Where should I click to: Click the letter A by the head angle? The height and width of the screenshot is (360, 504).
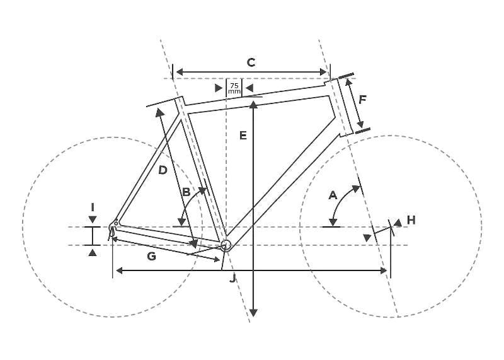[x=333, y=195]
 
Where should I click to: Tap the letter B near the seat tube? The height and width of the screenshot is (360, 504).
[x=186, y=192]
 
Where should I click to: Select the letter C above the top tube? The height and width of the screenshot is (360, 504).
[x=251, y=62]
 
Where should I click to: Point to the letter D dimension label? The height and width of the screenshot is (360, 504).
[x=163, y=170]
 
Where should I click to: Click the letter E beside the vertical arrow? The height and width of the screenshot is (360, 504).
[x=243, y=136]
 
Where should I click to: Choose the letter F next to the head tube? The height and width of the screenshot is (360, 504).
[x=362, y=100]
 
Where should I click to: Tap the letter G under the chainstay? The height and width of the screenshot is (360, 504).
[x=151, y=257]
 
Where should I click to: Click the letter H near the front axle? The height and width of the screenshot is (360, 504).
[x=411, y=220]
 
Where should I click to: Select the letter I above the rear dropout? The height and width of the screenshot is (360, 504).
[x=93, y=207]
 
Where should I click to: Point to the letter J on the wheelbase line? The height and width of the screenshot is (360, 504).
[x=232, y=278]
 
